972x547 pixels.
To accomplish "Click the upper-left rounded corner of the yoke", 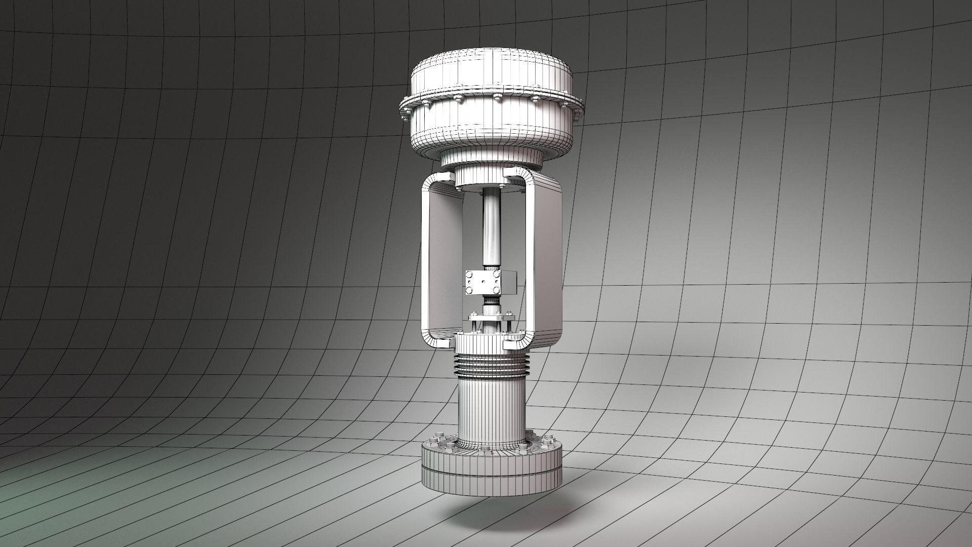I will tap(433, 182).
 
